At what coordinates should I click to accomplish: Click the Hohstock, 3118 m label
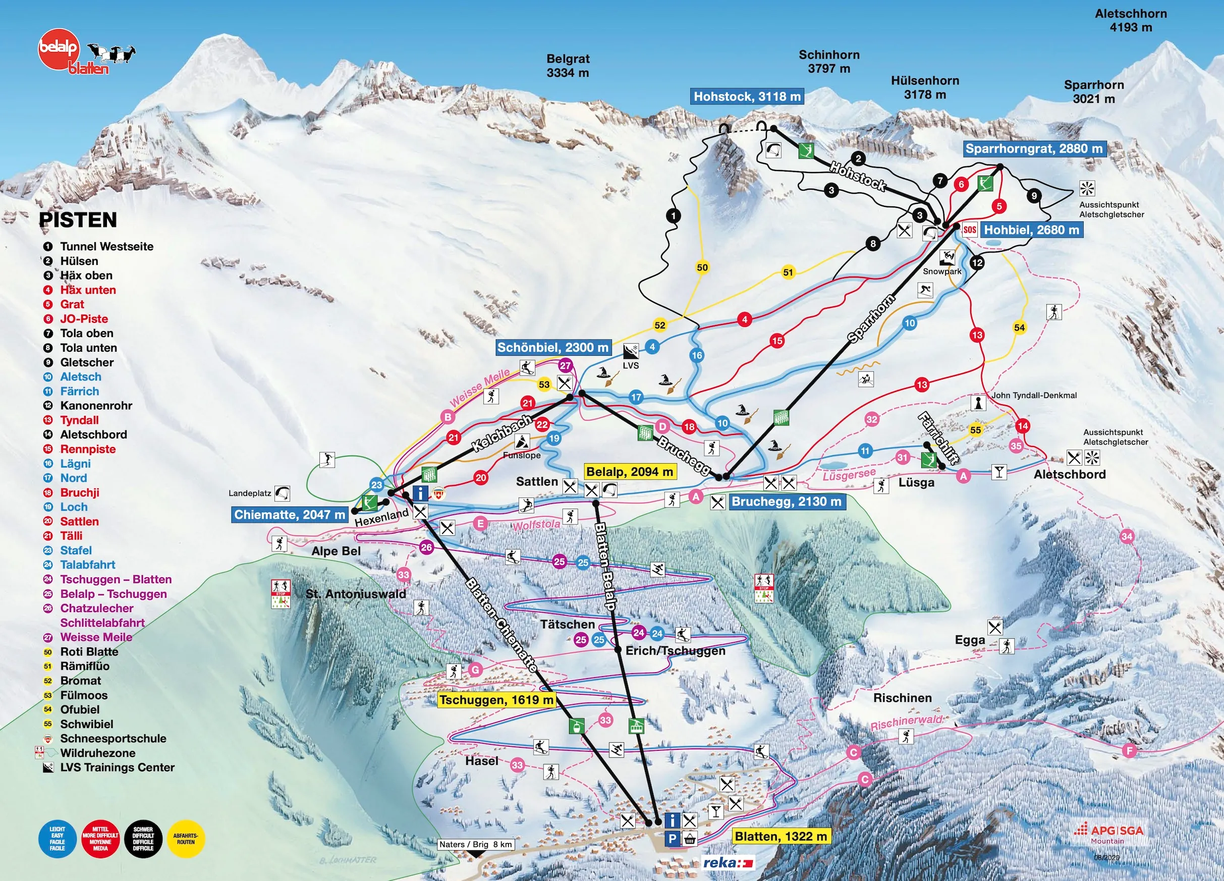[747, 97]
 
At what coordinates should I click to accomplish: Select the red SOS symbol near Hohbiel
[969, 230]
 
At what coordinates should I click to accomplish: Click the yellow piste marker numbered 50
[702, 267]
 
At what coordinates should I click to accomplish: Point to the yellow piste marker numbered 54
[1019, 327]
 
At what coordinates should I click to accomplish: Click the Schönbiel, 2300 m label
[552, 347]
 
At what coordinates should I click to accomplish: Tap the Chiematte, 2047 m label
[289, 515]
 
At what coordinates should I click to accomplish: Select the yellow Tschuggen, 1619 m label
[496, 700]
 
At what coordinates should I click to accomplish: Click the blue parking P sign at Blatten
[673, 840]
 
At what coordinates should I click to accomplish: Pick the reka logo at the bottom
[728, 863]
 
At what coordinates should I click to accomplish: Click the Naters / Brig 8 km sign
[475, 844]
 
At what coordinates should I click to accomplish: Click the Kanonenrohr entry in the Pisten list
[95, 405]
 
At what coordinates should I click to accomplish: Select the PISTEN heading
[78, 219]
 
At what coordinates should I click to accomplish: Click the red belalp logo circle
[59, 48]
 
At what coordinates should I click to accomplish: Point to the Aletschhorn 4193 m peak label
[1131, 20]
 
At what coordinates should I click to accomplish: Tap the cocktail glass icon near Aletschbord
[999, 472]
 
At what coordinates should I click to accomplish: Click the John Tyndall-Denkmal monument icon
[977, 402]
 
